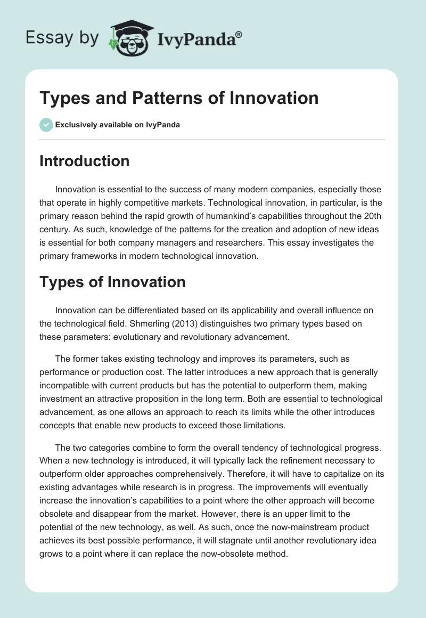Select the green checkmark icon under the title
pos(46,125)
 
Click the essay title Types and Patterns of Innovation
pos(179,98)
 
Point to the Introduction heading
pos(84,161)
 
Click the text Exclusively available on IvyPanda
pos(117,125)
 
